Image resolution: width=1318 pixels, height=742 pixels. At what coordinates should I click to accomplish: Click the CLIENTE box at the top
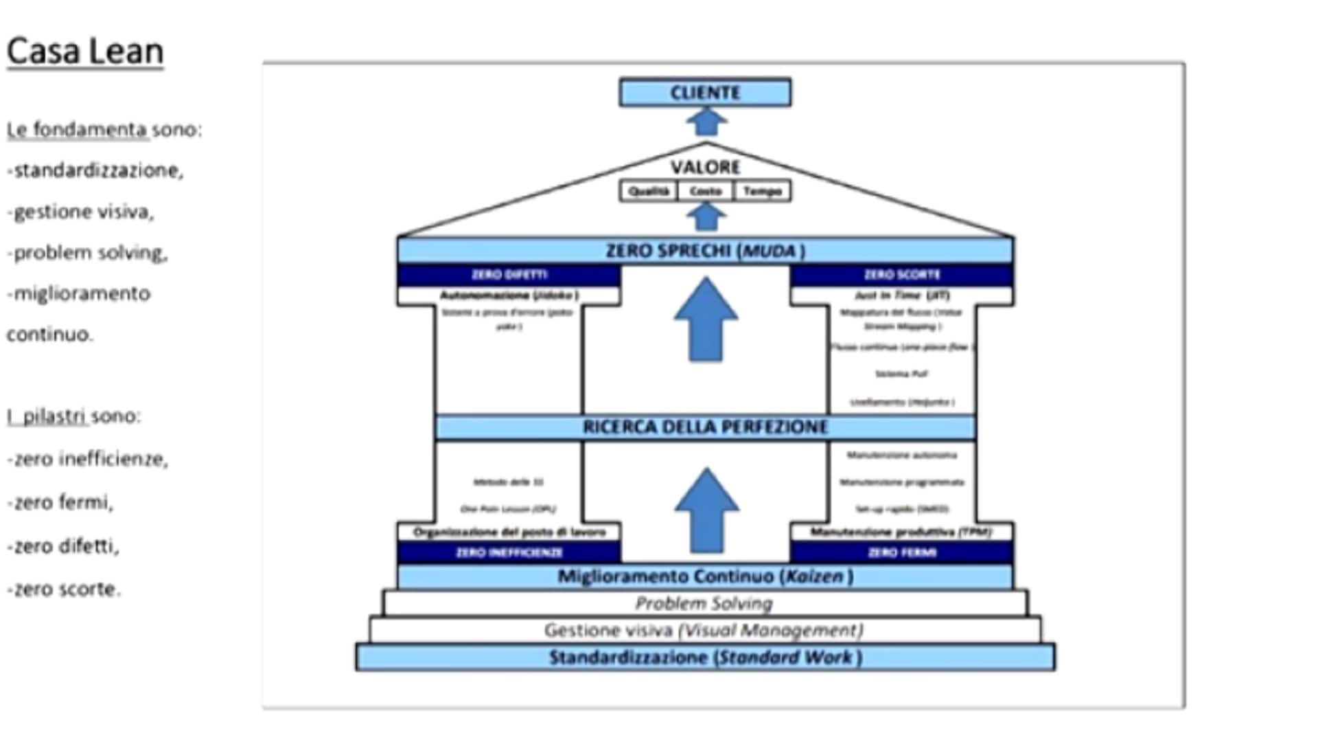click(705, 93)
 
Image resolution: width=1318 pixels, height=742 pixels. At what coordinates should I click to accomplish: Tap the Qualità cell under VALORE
click(649, 191)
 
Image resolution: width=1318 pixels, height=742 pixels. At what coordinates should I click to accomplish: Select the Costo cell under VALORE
click(706, 191)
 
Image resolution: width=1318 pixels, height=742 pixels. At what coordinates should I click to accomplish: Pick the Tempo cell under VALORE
click(762, 191)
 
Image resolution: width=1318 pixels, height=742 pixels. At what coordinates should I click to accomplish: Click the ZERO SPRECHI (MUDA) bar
click(705, 251)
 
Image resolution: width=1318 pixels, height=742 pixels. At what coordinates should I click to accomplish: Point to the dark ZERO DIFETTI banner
click(509, 275)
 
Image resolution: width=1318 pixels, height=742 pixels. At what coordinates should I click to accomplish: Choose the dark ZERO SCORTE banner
click(901, 275)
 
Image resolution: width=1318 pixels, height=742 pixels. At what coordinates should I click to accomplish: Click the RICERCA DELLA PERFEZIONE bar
click(705, 427)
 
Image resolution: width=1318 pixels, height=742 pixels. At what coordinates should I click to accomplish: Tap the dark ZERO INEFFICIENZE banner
click(509, 552)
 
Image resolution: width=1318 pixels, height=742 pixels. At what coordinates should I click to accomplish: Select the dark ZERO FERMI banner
click(901, 552)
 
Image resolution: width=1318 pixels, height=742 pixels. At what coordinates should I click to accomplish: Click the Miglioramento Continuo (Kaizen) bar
click(705, 576)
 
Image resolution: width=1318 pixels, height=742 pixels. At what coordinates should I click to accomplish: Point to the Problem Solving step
click(705, 603)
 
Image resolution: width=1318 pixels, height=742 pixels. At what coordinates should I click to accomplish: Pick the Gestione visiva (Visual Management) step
click(705, 630)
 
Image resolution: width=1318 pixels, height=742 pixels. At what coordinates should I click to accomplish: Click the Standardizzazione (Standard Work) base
click(705, 657)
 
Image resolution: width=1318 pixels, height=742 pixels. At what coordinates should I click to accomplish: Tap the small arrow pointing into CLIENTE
click(706, 123)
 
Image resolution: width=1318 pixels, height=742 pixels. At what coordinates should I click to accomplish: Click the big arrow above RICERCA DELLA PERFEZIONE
click(706, 319)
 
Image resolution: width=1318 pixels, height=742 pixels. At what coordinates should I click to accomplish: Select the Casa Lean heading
click(85, 52)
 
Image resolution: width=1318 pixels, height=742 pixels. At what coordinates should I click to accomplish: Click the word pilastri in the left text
click(55, 416)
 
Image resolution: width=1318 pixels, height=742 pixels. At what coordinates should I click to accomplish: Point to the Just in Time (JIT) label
click(901, 295)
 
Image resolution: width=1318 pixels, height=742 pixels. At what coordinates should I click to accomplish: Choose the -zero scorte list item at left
click(64, 589)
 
